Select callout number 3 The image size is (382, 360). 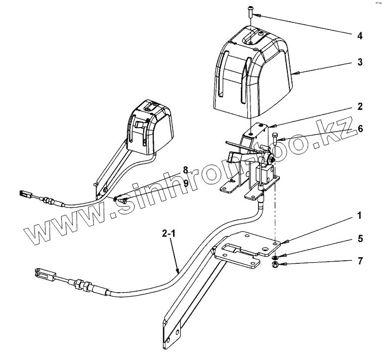[x=359, y=63]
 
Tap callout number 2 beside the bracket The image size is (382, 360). [x=360, y=107]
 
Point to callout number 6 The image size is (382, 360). [x=360, y=129]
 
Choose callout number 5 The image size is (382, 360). [x=360, y=237]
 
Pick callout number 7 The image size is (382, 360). [x=360, y=261]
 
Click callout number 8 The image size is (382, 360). [x=185, y=170]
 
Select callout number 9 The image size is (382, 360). [x=185, y=183]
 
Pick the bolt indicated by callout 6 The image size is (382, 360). [x=275, y=139]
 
